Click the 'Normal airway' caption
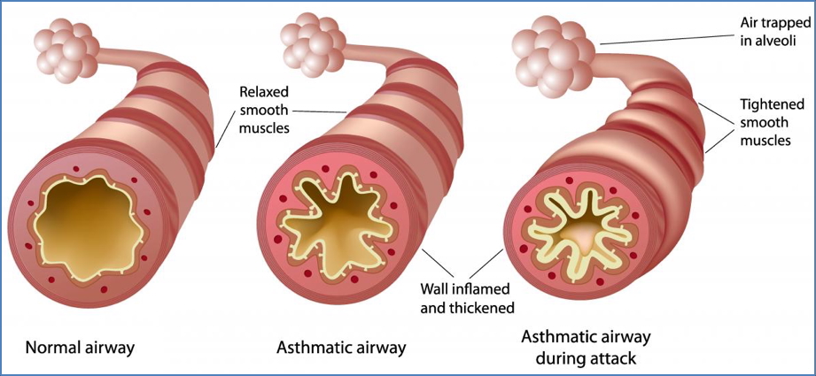[80, 347]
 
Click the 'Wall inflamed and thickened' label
[467, 298]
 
